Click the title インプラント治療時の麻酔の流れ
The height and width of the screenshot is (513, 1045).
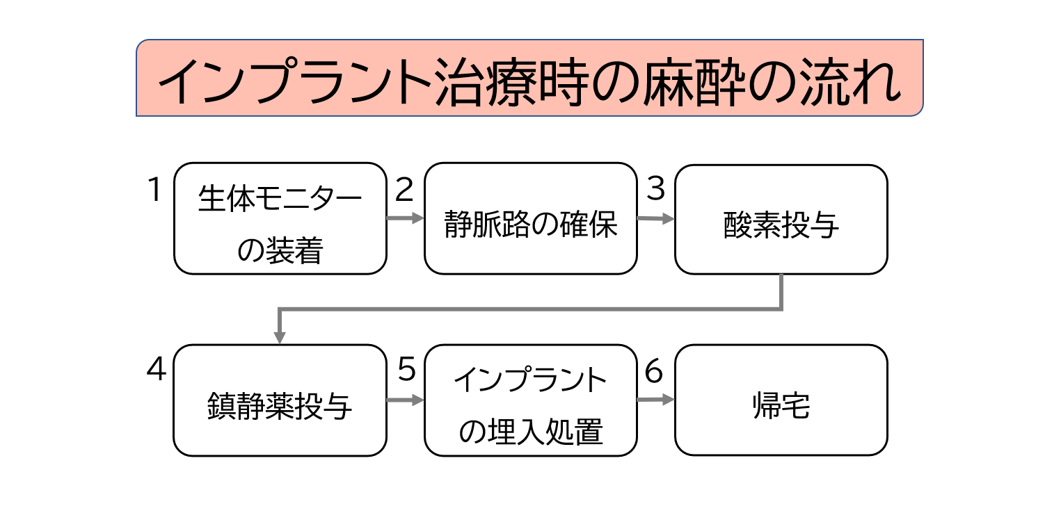click(x=529, y=78)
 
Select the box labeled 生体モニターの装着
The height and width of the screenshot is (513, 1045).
click(x=280, y=218)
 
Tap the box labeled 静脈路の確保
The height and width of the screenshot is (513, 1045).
click(x=530, y=218)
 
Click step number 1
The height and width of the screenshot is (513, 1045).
click(x=155, y=189)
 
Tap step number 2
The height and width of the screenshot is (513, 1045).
click(x=404, y=189)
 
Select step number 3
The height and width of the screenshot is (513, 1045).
click(x=655, y=189)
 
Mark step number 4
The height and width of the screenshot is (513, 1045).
click(x=156, y=370)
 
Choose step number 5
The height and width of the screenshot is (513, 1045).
click(x=406, y=370)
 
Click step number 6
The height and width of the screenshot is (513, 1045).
click(x=655, y=370)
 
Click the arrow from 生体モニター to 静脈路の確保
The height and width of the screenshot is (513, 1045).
click(x=405, y=218)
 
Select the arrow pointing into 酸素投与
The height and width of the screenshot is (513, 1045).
click(x=655, y=219)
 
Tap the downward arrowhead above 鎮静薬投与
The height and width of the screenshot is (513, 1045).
click(x=280, y=336)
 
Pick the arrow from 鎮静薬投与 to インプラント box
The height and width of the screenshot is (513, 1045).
click(x=405, y=400)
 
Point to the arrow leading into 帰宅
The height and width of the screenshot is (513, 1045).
click(x=655, y=400)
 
